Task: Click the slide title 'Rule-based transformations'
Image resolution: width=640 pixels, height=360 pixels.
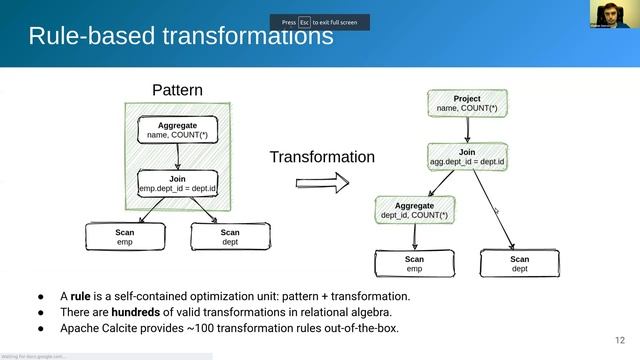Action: pos(180,37)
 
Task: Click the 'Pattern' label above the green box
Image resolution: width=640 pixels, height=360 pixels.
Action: pos(177,90)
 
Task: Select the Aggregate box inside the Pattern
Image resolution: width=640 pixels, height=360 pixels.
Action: pos(177,129)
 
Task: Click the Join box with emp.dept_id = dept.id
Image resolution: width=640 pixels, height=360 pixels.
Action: pos(177,183)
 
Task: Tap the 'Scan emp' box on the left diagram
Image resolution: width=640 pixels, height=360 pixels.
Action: pos(125,236)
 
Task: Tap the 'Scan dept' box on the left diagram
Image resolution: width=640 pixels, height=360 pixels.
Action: pos(230,236)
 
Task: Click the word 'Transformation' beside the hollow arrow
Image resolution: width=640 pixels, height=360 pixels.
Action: pos(322,157)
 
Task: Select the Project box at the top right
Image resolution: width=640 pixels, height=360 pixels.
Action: pos(467,103)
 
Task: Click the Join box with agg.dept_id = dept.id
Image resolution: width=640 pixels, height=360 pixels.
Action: pos(467,156)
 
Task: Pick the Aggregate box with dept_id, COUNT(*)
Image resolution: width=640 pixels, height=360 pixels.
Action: pos(414,209)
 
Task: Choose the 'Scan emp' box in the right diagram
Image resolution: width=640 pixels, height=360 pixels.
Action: pos(414,263)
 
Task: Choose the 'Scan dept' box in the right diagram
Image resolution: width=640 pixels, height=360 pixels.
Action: pos(520,263)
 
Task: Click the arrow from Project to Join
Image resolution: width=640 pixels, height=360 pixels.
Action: pos(467,129)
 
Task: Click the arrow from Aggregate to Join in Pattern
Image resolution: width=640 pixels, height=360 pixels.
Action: pos(177,156)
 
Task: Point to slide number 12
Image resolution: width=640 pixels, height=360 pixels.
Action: pos(619,338)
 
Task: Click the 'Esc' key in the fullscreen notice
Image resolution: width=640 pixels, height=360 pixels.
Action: pos(304,21)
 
